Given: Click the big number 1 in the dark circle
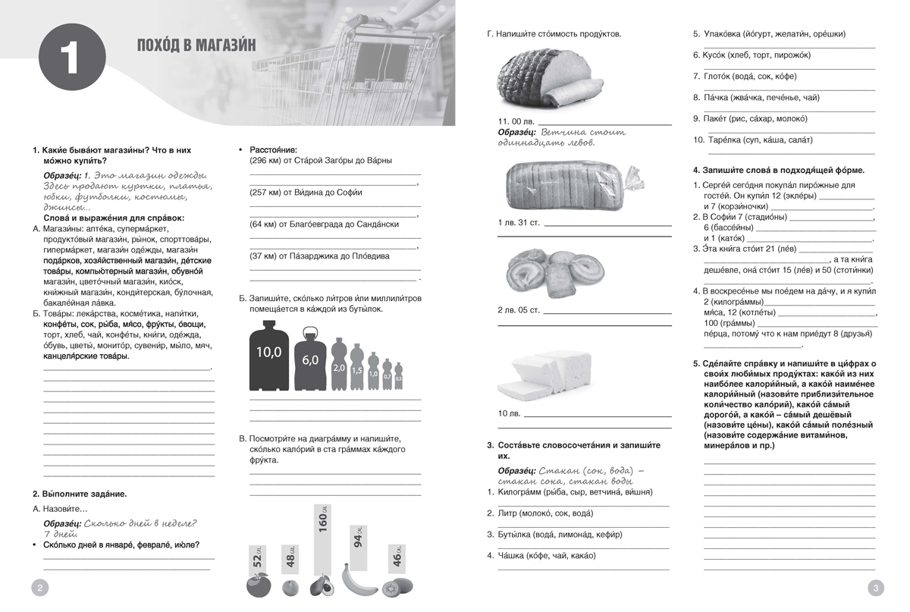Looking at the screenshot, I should click(69, 58).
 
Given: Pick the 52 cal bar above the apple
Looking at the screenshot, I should click(257, 560).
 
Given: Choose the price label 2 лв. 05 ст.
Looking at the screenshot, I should click(519, 310).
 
